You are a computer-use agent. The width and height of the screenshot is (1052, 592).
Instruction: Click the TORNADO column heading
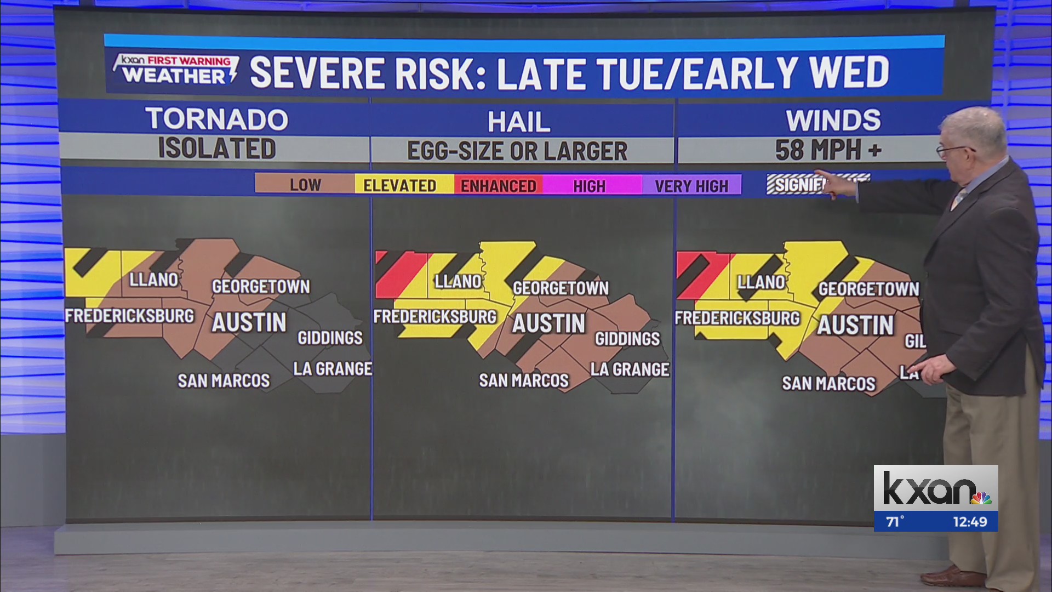coord(216,119)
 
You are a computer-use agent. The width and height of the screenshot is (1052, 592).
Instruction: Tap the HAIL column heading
coord(519,122)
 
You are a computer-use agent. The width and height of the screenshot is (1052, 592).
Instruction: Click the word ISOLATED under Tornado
coord(216,149)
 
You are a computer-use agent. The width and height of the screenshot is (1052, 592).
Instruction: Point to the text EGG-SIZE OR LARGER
coord(517,151)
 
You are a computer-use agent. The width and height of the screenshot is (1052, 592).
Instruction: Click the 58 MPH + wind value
coord(827,150)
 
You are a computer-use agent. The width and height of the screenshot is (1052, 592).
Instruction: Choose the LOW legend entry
coord(305,185)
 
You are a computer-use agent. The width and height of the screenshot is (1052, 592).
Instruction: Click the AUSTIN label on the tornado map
coord(249,322)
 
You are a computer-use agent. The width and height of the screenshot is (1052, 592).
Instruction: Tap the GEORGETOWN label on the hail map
coord(561,288)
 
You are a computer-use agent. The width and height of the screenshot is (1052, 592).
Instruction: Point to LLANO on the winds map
coord(761,282)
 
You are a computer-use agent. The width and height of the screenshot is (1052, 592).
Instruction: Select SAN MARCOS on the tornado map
coord(224,380)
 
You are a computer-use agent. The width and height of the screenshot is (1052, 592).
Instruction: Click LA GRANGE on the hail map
coord(630,369)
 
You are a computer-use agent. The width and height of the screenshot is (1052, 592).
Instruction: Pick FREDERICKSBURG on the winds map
coord(737,318)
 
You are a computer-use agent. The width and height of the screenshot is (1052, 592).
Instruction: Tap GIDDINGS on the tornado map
coord(330,338)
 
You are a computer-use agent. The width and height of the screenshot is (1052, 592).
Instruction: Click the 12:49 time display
coord(970,522)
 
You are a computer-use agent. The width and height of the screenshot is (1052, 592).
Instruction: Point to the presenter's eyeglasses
coord(953,149)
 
